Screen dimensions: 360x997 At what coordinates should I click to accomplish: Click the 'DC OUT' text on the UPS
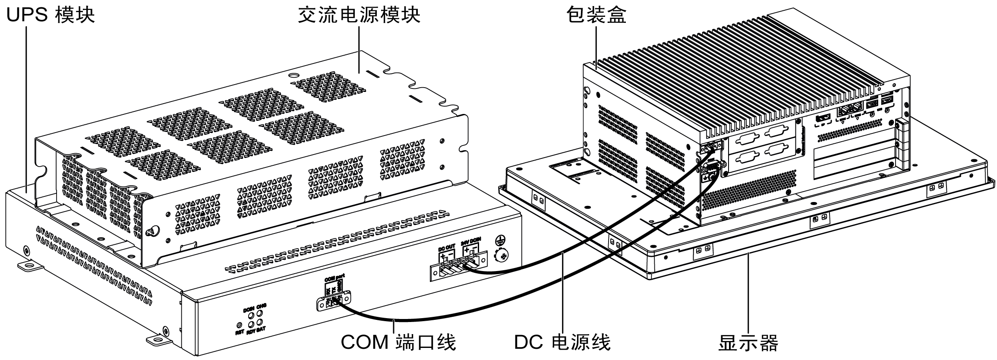coord(447,247)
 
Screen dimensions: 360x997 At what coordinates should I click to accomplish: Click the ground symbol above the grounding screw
coord(500,240)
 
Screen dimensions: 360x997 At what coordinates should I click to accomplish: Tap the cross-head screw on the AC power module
coord(151,232)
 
